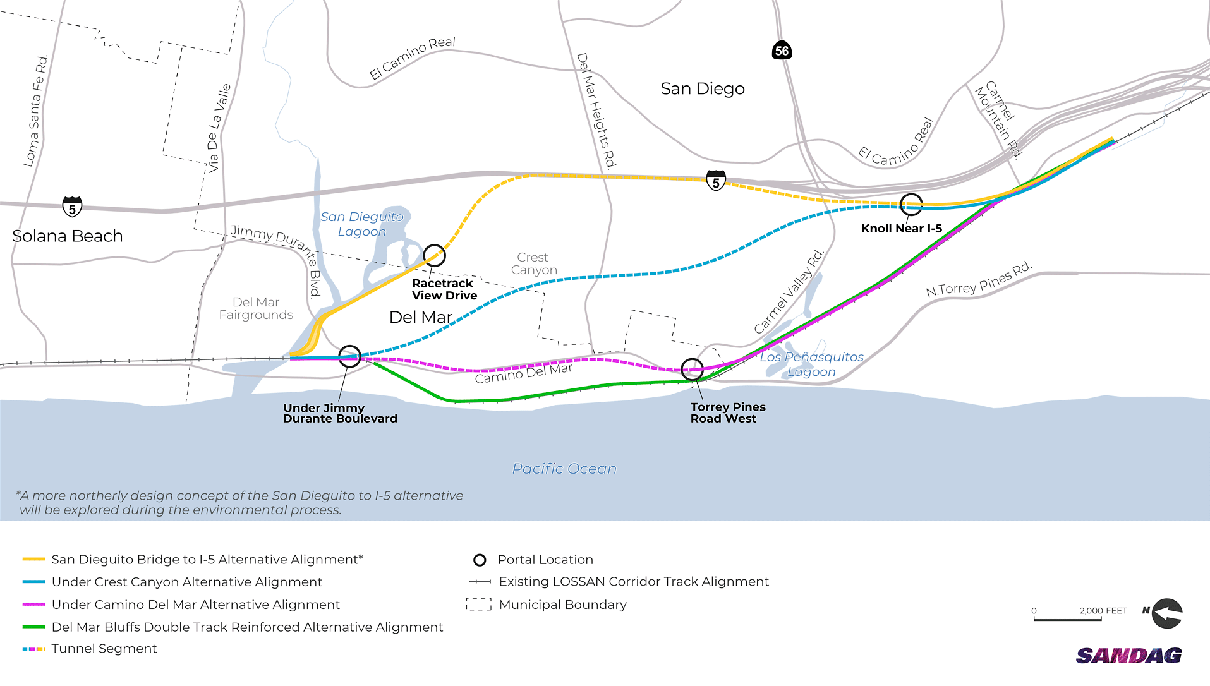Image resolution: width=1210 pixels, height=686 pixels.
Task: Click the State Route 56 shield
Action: coord(782,51)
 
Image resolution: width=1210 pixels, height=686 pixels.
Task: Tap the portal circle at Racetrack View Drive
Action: coord(434,255)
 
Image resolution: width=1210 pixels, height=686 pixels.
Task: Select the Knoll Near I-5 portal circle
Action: coord(911,204)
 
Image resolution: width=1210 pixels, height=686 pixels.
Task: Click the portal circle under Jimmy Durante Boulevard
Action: coord(349,356)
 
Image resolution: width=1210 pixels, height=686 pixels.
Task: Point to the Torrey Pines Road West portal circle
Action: coord(692,370)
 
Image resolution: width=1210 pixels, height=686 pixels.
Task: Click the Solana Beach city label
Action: coord(67,236)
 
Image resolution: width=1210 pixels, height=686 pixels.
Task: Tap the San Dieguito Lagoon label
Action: coord(361,224)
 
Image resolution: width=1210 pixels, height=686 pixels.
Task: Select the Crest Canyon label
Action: coord(534,264)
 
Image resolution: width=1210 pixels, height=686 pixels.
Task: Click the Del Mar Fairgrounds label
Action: coord(256,308)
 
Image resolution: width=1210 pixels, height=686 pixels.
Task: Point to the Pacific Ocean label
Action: coord(564,469)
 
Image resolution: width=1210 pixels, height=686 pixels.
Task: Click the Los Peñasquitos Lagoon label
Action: coord(811,364)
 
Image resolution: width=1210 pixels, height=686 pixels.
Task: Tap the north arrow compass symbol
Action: coord(1166,613)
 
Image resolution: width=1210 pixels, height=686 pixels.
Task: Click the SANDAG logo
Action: coord(1128,656)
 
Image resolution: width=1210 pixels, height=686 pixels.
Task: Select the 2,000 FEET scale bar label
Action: coord(1103,611)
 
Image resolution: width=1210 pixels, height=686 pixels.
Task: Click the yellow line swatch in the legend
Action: coord(33,560)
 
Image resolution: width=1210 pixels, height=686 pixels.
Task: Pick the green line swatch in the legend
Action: coord(33,627)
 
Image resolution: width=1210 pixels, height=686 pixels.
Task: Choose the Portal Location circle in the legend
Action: coord(480,560)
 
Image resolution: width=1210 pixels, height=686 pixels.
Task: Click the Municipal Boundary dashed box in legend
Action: coord(479,605)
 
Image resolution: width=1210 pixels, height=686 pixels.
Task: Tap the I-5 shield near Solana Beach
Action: coord(72,207)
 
